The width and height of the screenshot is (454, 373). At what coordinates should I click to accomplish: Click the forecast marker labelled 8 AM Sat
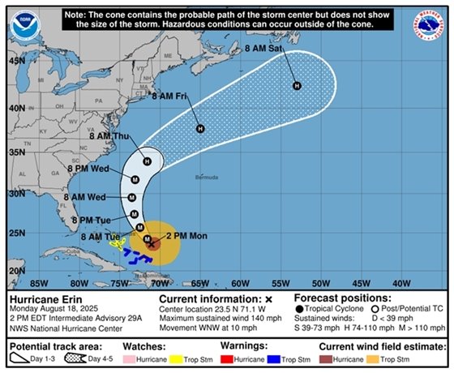[x=297, y=86]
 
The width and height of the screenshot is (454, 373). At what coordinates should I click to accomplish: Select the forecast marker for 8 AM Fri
[x=200, y=129]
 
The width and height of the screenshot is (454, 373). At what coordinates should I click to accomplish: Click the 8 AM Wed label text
[x=84, y=197]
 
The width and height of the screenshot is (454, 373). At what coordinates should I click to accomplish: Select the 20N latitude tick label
[x=17, y=271]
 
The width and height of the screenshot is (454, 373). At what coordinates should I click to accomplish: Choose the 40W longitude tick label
[x=400, y=284]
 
